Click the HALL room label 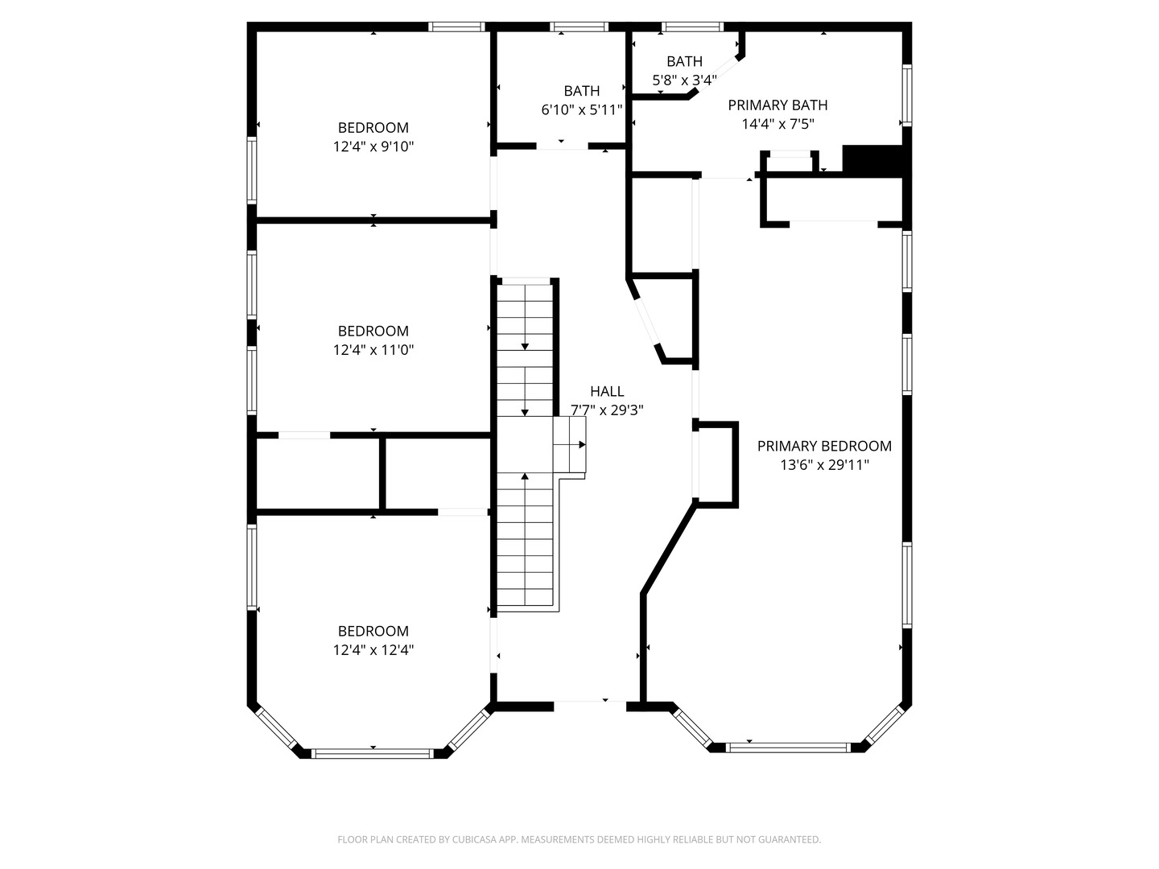click(x=607, y=391)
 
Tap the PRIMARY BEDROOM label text click(x=824, y=446)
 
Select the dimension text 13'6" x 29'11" click(x=824, y=465)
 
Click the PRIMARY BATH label click(x=777, y=105)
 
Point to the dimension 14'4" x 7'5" click(x=777, y=124)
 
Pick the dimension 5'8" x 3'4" click(x=684, y=80)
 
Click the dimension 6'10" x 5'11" click(x=581, y=110)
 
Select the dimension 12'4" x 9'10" click(x=373, y=146)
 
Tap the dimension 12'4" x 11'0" click(x=373, y=350)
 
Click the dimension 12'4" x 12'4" click(x=373, y=650)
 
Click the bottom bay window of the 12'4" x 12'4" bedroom click(x=373, y=754)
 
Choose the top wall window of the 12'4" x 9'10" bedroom click(x=457, y=27)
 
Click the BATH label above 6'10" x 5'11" click(x=581, y=91)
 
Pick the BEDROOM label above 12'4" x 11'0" click(x=373, y=331)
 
